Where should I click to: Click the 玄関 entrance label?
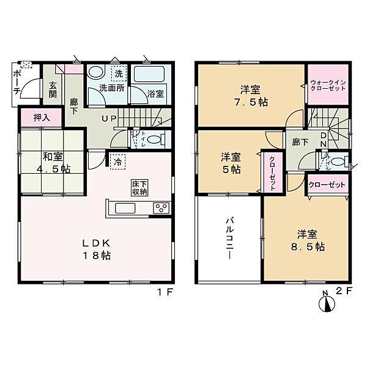point(53,90)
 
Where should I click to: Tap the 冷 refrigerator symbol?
point(117,162)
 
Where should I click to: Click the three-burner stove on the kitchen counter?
point(161,208)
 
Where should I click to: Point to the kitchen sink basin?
point(126,209)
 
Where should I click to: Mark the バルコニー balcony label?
point(229,237)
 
